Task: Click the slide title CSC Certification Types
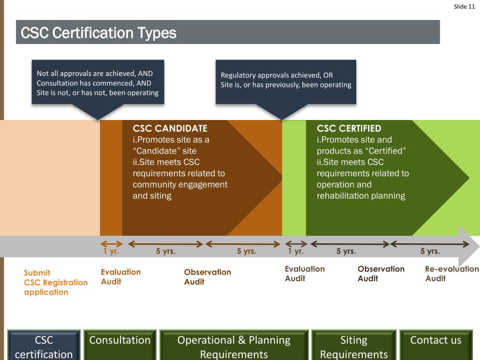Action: pyautogui.click(x=99, y=33)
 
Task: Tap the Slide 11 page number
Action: pyautogui.click(x=464, y=7)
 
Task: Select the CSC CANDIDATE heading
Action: pyautogui.click(x=170, y=128)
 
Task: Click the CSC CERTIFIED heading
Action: pyautogui.click(x=349, y=128)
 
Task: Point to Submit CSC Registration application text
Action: pyautogui.click(x=55, y=282)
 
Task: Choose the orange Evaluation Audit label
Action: pyautogui.click(x=120, y=277)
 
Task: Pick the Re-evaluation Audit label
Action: pyautogui.click(x=451, y=274)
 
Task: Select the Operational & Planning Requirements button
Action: pyautogui.click(x=234, y=346)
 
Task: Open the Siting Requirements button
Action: pyautogui.click(x=354, y=346)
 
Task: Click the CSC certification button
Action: pyautogui.click(x=44, y=346)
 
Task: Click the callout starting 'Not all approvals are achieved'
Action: pyautogui.click(x=97, y=83)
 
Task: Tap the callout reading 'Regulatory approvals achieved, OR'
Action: pyautogui.click(x=285, y=80)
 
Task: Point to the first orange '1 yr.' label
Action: pyautogui.click(x=111, y=251)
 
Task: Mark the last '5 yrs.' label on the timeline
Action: pyautogui.click(x=430, y=251)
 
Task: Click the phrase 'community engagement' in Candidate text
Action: pyautogui.click(x=180, y=185)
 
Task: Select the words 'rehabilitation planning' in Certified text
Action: pyautogui.click(x=360, y=196)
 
